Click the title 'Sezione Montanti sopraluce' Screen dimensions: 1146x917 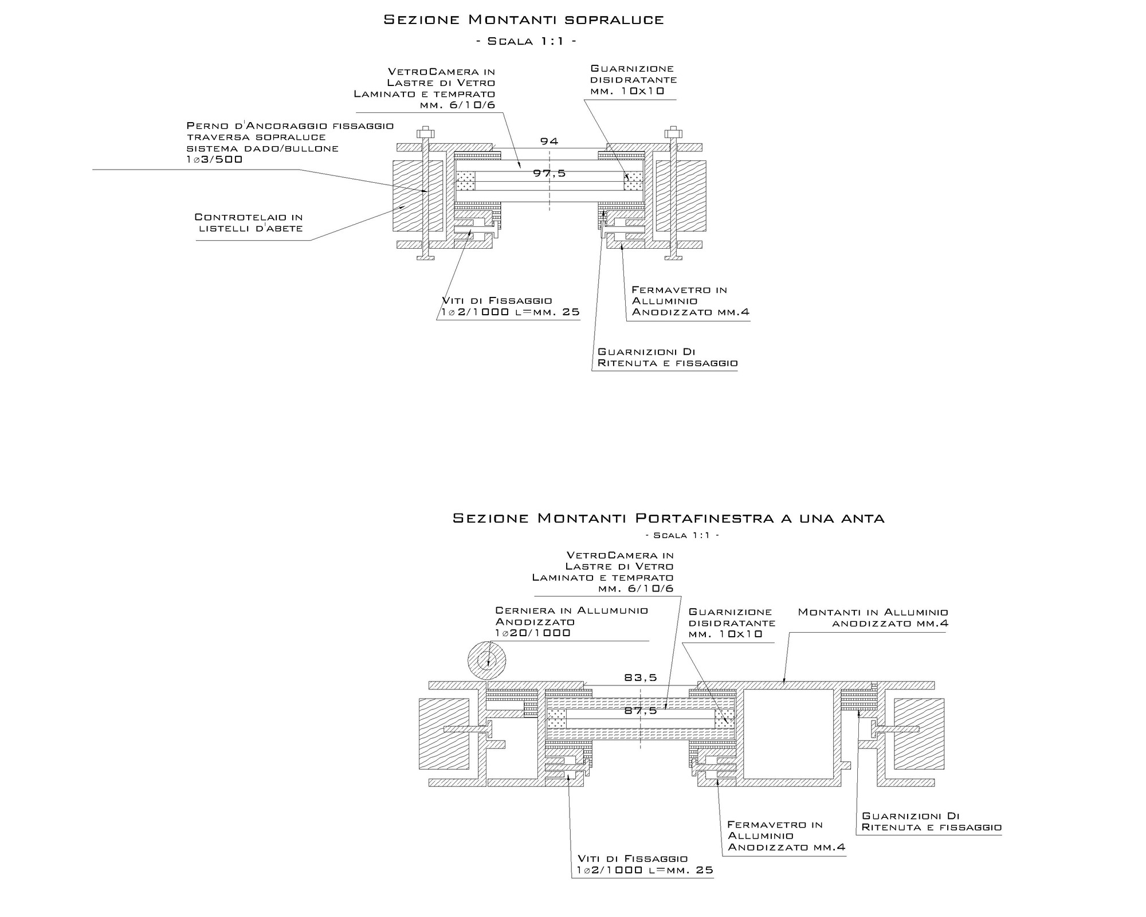[x=524, y=20]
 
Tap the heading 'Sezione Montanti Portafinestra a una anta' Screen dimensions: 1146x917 [x=669, y=518]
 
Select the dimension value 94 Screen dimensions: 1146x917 [x=549, y=141]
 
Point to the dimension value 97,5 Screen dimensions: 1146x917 [x=550, y=173]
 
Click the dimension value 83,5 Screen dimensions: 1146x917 [x=641, y=677]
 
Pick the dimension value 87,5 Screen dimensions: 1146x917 [x=641, y=711]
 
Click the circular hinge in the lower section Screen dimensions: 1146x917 [x=486, y=661]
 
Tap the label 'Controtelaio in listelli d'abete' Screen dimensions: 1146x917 [x=249, y=223]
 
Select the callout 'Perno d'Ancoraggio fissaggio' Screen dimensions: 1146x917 [x=291, y=126]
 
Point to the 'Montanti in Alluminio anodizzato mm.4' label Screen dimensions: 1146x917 [x=873, y=618]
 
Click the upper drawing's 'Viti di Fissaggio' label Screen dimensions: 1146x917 [x=511, y=307]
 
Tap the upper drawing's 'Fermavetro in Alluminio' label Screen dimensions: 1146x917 [x=690, y=301]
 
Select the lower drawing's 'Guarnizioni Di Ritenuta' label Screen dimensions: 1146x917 [x=932, y=821]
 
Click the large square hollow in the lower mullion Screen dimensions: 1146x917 [x=788, y=733]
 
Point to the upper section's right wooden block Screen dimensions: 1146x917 [x=681, y=195]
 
